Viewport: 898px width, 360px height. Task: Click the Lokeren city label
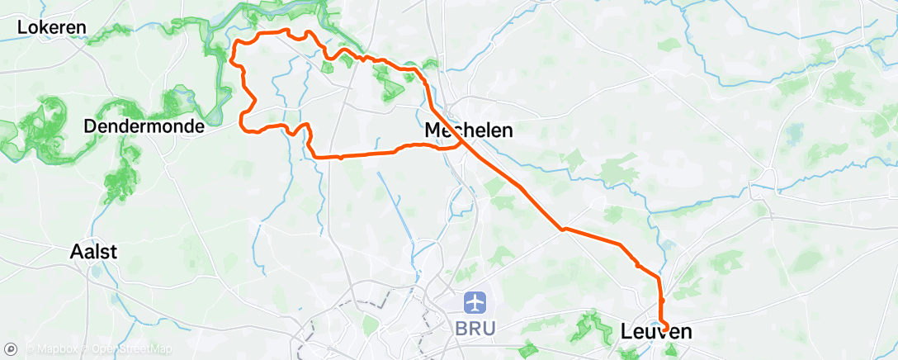point(52,27)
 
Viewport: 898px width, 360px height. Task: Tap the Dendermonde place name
point(144,127)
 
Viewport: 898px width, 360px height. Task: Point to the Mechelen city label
point(468,130)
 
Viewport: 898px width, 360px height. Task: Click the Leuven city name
point(656,332)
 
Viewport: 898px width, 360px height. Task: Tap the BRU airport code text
point(475,328)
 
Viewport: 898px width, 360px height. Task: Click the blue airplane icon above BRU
point(475,303)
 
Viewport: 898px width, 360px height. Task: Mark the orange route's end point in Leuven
point(665,331)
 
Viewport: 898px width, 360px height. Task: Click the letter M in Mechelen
point(432,130)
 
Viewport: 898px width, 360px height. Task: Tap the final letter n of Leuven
point(685,332)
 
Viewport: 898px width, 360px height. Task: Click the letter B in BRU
point(461,328)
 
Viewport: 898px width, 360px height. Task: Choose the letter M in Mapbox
point(41,350)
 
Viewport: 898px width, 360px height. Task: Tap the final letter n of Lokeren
point(81,27)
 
